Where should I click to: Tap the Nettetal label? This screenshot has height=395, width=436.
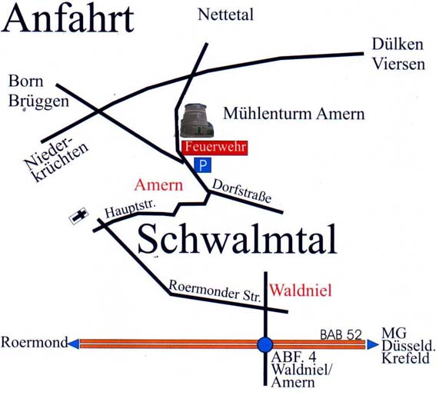pos(225,14)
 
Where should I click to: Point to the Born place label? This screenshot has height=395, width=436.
pos(25,81)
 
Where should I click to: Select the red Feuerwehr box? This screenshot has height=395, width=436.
pos(215,148)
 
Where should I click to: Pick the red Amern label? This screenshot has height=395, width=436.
pos(158,185)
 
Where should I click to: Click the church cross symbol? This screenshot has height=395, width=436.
pos(78,217)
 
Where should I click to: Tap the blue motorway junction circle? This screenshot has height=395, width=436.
pos(265,344)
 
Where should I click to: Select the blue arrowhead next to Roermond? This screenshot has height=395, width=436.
pos(74,344)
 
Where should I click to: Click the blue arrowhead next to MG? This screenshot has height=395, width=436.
pos(372,344)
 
